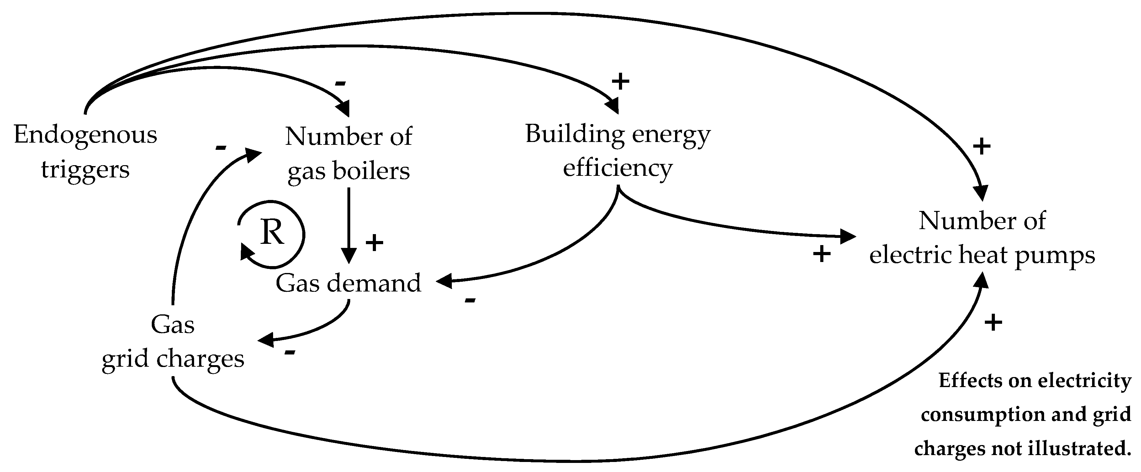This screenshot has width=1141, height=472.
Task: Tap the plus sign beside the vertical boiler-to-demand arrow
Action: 374,243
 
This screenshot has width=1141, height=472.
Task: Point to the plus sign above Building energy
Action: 620,81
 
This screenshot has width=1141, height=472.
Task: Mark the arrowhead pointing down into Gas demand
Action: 349,257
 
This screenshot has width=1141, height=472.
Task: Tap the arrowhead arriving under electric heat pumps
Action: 982,279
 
